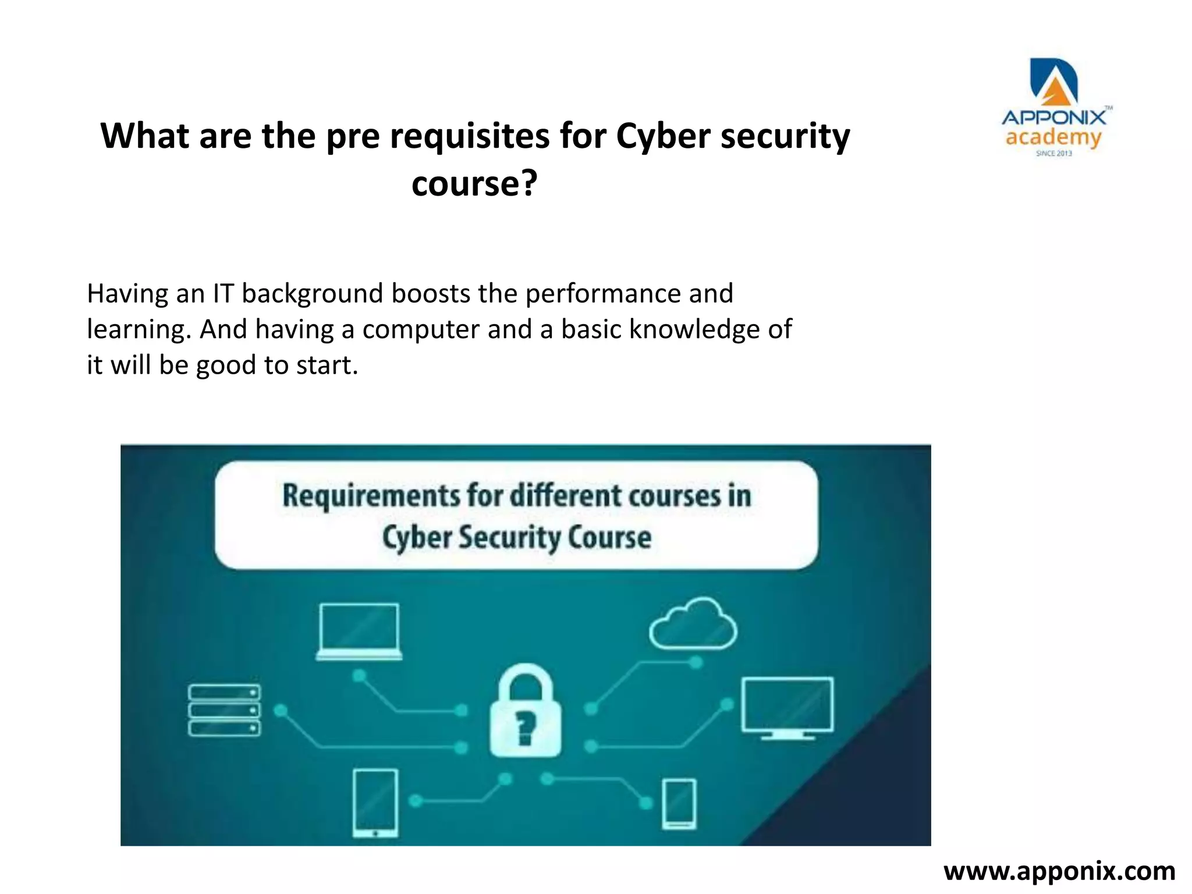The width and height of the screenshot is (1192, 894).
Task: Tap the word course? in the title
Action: (x=474, y=184)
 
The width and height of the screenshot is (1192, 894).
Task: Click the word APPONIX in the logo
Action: (x=1053, y=118)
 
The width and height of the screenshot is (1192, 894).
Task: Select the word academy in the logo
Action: (x=1053, y=139)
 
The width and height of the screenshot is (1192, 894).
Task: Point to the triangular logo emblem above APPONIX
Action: (x=1054, y=82)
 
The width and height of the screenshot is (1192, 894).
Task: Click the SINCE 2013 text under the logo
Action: (x=1053, y=154)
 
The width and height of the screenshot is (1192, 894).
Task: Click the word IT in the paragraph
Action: (x=223, y=293)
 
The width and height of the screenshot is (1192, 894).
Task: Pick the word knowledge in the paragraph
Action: (x=694, y=329)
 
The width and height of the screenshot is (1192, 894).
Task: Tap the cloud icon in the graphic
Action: (x=693, y=625)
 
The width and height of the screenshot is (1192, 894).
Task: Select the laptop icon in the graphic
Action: (x=359, y=632)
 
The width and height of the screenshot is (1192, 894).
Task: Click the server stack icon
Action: (x=224, y=710)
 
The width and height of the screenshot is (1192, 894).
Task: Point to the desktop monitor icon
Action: (x=787, y=707)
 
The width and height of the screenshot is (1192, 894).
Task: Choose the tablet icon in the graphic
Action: (x=376, y=803)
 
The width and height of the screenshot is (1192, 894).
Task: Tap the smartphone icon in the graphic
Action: (x=679, y=804)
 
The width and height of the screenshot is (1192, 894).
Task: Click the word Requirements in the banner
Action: (x=371, y=496)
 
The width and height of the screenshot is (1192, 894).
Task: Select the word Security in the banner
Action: (x=510, y=537)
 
